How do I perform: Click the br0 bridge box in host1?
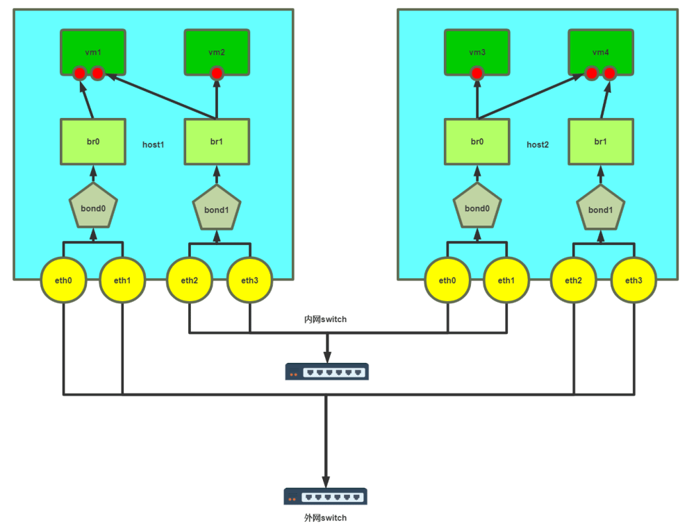[93, 142]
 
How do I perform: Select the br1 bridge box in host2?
[600, 142]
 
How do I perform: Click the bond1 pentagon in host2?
[600, 209]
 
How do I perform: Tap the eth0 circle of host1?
[63, 280]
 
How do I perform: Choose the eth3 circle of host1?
[250, 280]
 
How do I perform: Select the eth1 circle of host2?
[506, 280]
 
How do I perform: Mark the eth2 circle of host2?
[574, 280]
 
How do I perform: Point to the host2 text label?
[538, 145]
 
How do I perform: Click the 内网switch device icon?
[326, 372]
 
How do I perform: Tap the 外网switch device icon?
[325, 496]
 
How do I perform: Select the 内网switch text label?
[325, 319]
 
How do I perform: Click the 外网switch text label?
[325, 518]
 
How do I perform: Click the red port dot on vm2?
[217, 73]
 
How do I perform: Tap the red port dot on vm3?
[477, 73]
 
